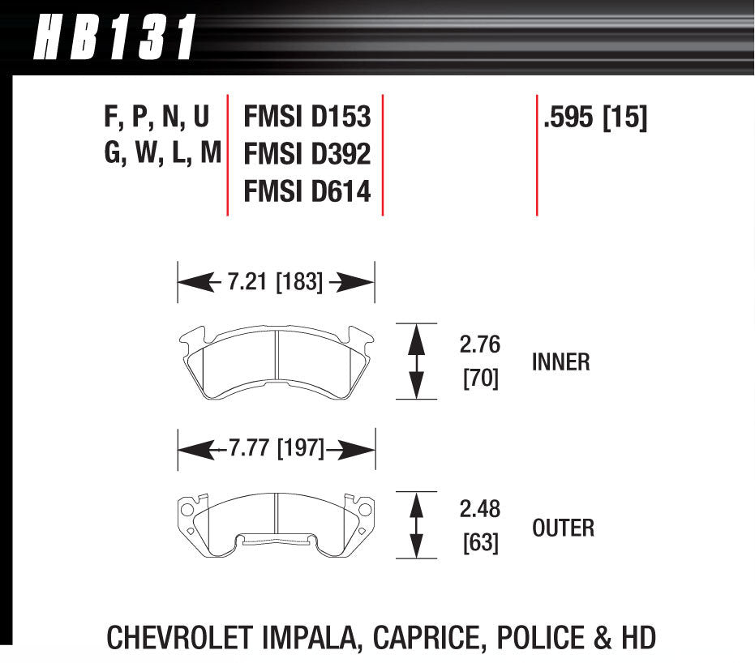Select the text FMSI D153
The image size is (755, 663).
307,118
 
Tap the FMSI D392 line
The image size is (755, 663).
307,154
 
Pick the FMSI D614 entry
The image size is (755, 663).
307,191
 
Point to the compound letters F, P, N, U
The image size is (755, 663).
157,118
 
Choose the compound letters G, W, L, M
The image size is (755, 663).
161,154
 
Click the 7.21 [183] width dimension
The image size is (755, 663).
275,283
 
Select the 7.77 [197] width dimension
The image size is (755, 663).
276,448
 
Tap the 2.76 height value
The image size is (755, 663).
480,345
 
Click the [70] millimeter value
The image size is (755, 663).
480,379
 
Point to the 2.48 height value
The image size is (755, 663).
480,510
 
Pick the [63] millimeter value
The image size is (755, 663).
480,542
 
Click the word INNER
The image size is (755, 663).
561,362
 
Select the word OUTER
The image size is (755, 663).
563,528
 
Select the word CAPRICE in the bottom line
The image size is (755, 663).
424,638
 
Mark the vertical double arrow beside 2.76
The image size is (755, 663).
416,361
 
